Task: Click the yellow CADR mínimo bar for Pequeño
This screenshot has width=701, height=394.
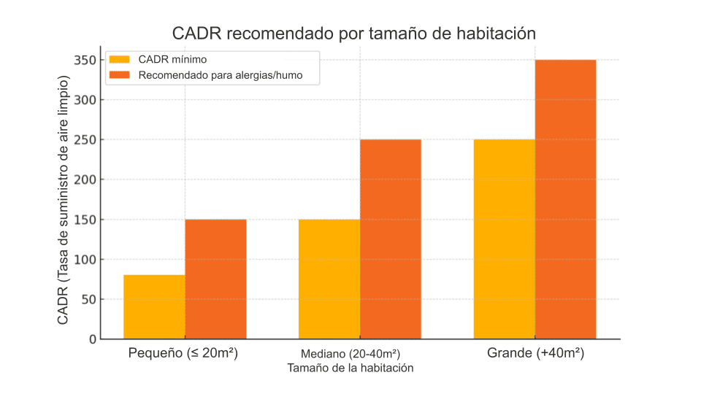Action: [154, 307]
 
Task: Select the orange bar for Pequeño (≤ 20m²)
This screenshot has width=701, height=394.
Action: [215, 279]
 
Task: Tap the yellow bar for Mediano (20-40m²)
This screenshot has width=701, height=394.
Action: [329, 279]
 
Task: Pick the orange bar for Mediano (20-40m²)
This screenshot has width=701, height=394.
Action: [391, 239]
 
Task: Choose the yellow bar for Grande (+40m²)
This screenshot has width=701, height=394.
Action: [505, 239]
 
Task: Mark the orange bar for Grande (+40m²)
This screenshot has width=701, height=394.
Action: [566, 199]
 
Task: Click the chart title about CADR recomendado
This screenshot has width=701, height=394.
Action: [354, 34]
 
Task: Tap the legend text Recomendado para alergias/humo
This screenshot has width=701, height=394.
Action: [220, 74]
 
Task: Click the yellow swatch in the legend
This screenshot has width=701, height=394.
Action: [120, 59]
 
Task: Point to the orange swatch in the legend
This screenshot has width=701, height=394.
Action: [120, 74]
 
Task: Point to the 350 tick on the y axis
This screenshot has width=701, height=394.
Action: [85, 60]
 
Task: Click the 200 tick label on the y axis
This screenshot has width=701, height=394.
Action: [85, 179]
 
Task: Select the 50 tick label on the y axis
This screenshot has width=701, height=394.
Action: [88, 299]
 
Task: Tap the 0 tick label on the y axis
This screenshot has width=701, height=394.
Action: [92, 339]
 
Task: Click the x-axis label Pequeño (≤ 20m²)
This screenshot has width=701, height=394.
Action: [184, 353]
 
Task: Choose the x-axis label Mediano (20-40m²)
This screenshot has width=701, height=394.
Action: [350, 354]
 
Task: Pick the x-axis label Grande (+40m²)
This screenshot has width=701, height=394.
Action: [535, 353]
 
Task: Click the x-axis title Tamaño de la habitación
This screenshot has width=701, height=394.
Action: [350, 368]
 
